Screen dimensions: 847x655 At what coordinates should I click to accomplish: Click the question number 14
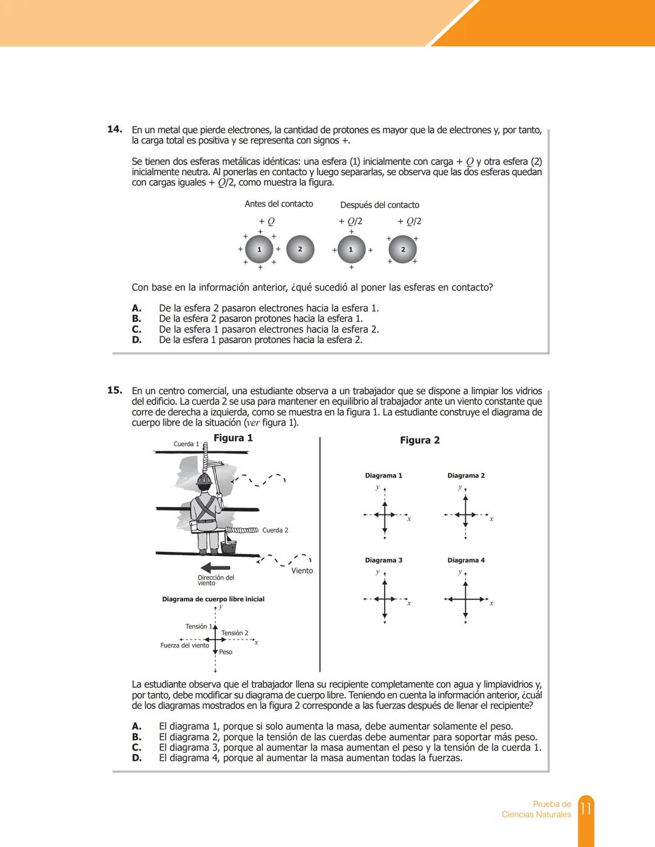115,129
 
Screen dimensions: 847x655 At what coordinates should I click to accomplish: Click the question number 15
115,390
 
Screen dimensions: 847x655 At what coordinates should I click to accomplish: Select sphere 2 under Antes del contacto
300,249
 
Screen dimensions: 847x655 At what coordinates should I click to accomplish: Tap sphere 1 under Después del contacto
351,250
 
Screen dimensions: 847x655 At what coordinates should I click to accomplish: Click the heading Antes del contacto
278,204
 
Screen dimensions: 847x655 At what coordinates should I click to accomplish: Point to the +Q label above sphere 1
266,221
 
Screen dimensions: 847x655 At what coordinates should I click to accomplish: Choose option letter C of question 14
136,329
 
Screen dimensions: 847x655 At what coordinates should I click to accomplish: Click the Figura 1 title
233,438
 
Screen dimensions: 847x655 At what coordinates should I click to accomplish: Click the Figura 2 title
420,440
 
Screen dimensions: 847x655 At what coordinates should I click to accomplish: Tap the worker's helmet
204,480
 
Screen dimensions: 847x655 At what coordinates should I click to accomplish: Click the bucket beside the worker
229,546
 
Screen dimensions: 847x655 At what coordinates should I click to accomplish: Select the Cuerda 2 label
275,531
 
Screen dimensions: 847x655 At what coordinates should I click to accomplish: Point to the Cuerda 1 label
186,444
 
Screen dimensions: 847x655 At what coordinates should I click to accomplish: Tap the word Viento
302,571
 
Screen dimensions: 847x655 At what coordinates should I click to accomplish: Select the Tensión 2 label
235,633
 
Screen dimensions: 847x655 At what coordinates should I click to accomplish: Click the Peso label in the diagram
226,652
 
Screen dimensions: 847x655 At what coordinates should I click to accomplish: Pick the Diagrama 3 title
383,560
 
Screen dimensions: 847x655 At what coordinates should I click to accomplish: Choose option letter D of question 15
136,758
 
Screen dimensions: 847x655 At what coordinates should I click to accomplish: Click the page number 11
585,809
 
